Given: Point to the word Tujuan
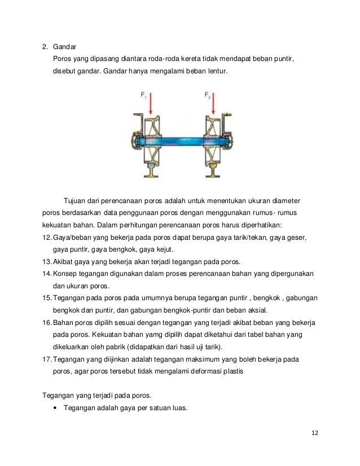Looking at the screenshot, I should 79,201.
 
